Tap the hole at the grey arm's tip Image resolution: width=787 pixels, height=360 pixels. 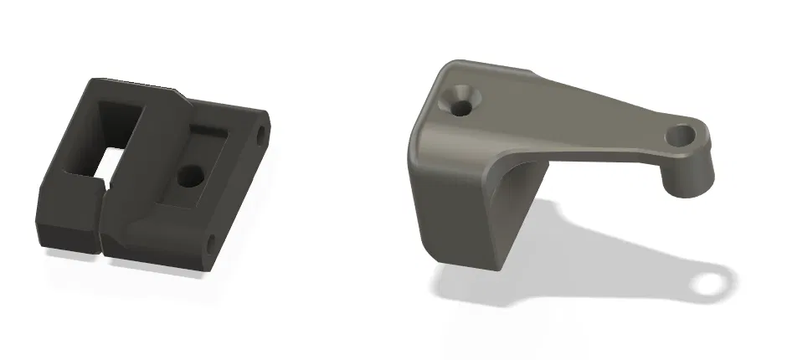coord(684,134)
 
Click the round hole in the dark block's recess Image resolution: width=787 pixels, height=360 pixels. coord(192,176)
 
